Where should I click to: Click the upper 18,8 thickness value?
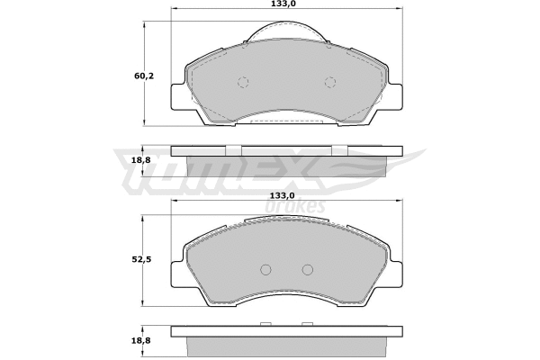pos(142,159)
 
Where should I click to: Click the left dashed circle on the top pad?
pos(242,83)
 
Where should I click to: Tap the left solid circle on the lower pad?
pos(265,269)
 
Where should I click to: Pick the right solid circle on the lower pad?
pos(307,269)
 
